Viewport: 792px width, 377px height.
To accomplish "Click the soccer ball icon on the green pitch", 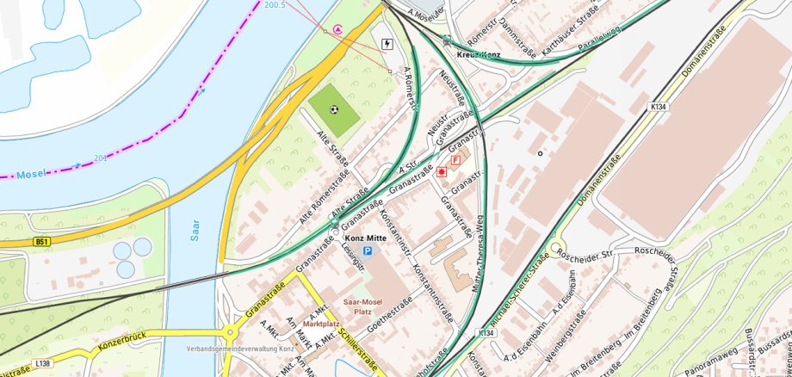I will click(x=334, y=109).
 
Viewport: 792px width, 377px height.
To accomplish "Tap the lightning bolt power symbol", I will click(x=387, y=44).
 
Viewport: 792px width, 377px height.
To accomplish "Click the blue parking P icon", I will click(x=368, y=250).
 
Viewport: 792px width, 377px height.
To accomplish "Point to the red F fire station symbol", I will click(x=455, y=160).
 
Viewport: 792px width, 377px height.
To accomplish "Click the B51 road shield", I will click(x=41, y=243).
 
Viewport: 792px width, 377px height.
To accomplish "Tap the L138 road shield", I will click(x=44, y=364).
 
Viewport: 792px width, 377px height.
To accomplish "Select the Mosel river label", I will click(x=29, y=173).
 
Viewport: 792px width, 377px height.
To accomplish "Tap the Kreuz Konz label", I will click(x=479, y=54).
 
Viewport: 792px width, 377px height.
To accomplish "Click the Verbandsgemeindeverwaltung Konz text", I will click(x=240, y=349).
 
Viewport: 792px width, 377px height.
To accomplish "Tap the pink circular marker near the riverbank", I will click(x=337, y=29).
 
